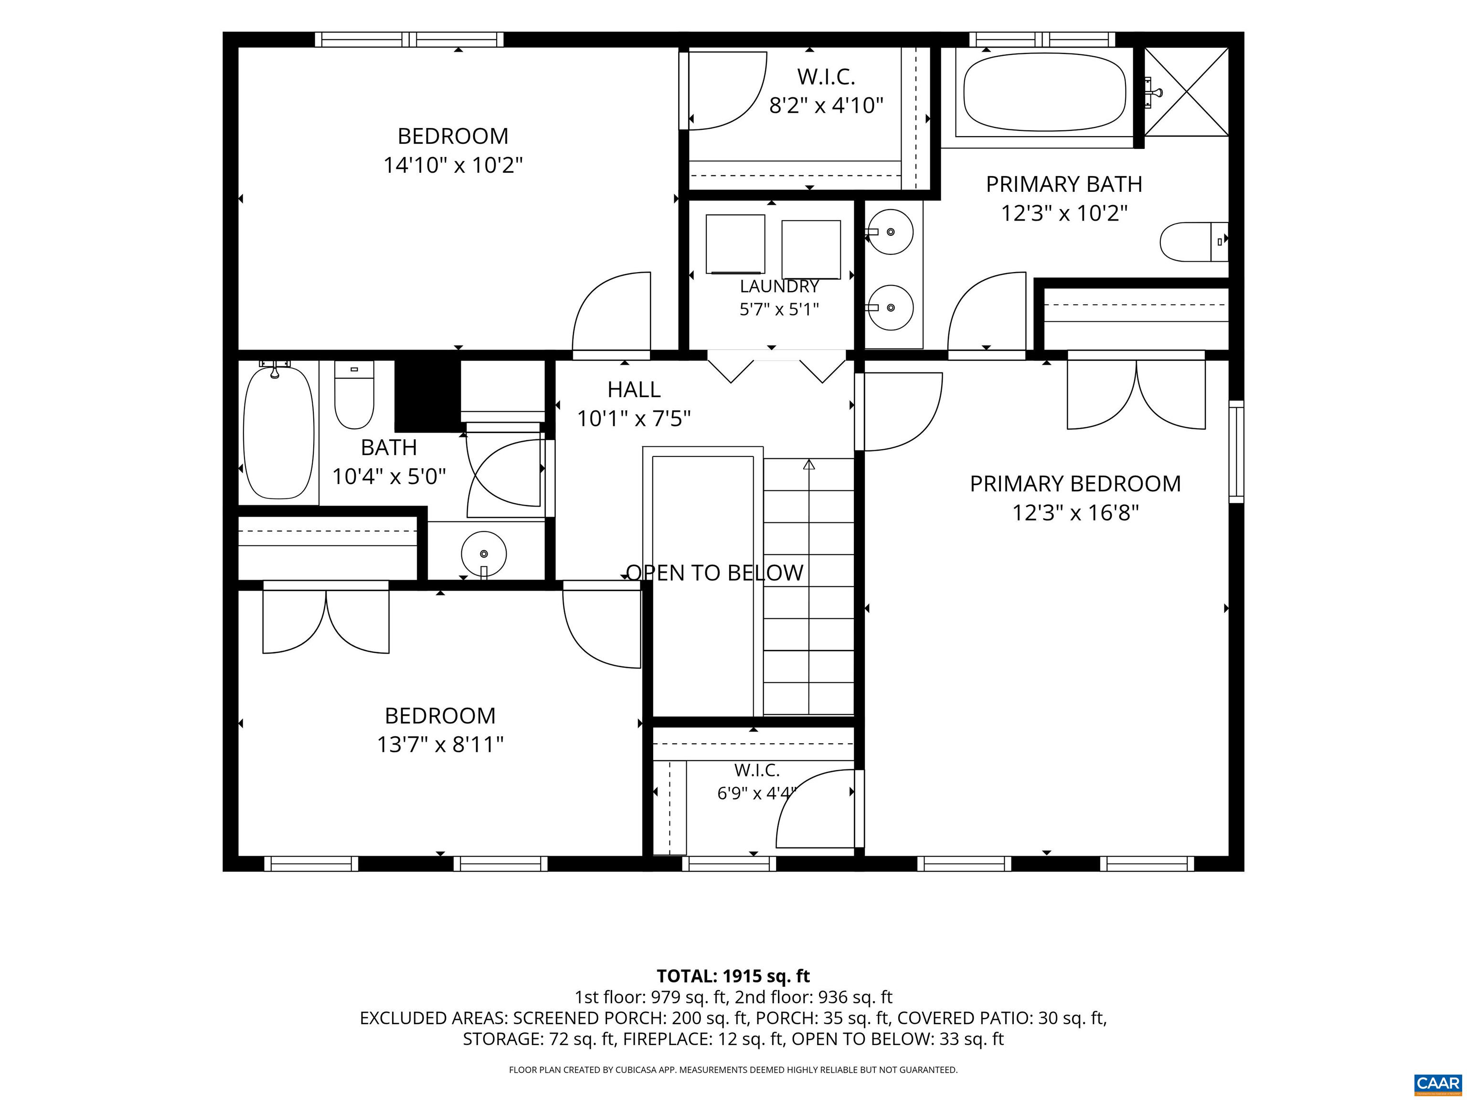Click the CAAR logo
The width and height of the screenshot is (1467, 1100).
1437,1083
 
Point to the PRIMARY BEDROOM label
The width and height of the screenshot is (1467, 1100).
1075,484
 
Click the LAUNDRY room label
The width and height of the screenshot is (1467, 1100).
779,286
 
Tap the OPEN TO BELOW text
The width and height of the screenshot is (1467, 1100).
715,573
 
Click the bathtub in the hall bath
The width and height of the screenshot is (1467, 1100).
278,434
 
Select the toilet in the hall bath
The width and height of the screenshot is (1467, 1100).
354,394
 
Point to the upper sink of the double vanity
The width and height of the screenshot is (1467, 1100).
890,232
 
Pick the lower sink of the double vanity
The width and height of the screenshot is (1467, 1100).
890,307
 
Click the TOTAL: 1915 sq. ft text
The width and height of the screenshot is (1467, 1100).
733,976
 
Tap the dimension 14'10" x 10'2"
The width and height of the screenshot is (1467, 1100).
453,165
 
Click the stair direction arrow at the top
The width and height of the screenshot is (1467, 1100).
809,465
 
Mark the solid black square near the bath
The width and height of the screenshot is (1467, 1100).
428,396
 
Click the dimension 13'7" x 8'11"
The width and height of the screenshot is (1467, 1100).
440,745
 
